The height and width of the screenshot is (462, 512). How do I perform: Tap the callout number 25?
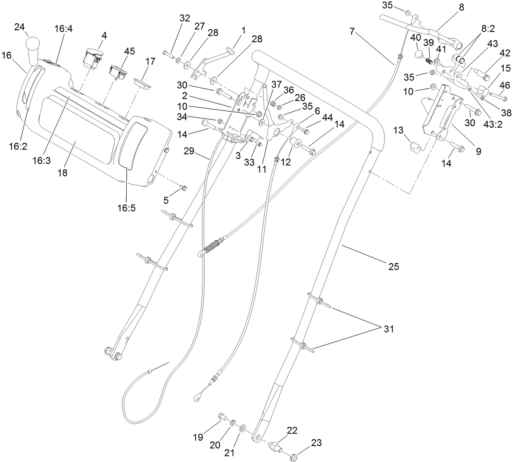pos(393,267)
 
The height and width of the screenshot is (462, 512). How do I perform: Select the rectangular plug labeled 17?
pos(142,83)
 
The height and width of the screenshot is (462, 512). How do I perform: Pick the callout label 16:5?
pos(126,207)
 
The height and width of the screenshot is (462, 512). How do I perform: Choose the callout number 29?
pos(190,151)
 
